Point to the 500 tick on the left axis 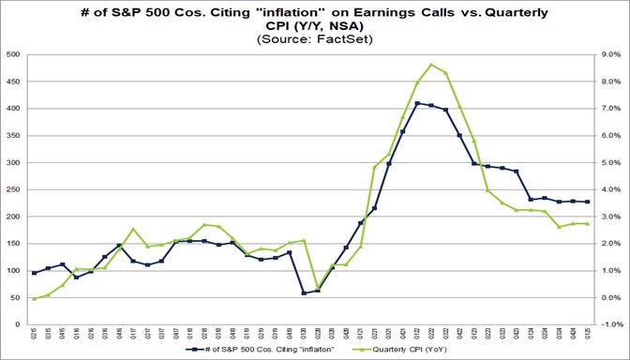point(14,55)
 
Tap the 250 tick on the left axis point(14,190)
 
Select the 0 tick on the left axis point(19,325)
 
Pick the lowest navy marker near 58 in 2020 point(304,293)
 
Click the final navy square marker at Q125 point(587,202)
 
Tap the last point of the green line point(587,223)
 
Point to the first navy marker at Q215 point(35,273)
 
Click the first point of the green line point(35,299)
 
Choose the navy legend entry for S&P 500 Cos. point(260,350)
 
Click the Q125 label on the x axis point(587,334)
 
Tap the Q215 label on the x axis point(35,334)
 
